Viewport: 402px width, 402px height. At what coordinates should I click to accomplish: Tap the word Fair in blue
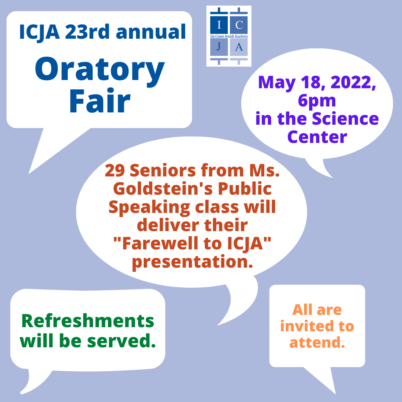tap(100, 101)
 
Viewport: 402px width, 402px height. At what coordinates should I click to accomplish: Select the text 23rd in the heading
tap(87, 32)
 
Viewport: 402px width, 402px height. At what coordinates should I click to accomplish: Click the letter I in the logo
tap(219, 25)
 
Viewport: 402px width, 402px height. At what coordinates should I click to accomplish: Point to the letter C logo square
tap(239, 25)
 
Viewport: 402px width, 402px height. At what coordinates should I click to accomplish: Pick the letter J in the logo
tap(219, 47)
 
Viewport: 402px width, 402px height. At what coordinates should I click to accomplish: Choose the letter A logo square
tap(239, 47)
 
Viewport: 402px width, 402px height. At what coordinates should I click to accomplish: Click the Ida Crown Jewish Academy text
tap(229, 36)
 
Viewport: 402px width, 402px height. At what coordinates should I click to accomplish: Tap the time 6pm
tap(317, 101)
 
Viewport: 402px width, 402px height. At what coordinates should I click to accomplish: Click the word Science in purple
tap(345, 119)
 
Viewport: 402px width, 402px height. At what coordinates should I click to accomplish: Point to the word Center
tap(317, 137)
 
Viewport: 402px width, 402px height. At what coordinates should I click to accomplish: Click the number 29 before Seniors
tap(115, 170)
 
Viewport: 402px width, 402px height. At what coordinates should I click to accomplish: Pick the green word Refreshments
tap(88, 321)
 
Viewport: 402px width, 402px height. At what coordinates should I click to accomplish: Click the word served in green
tap(121, 341)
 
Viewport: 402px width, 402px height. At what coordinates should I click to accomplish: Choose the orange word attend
tap(317, 342)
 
